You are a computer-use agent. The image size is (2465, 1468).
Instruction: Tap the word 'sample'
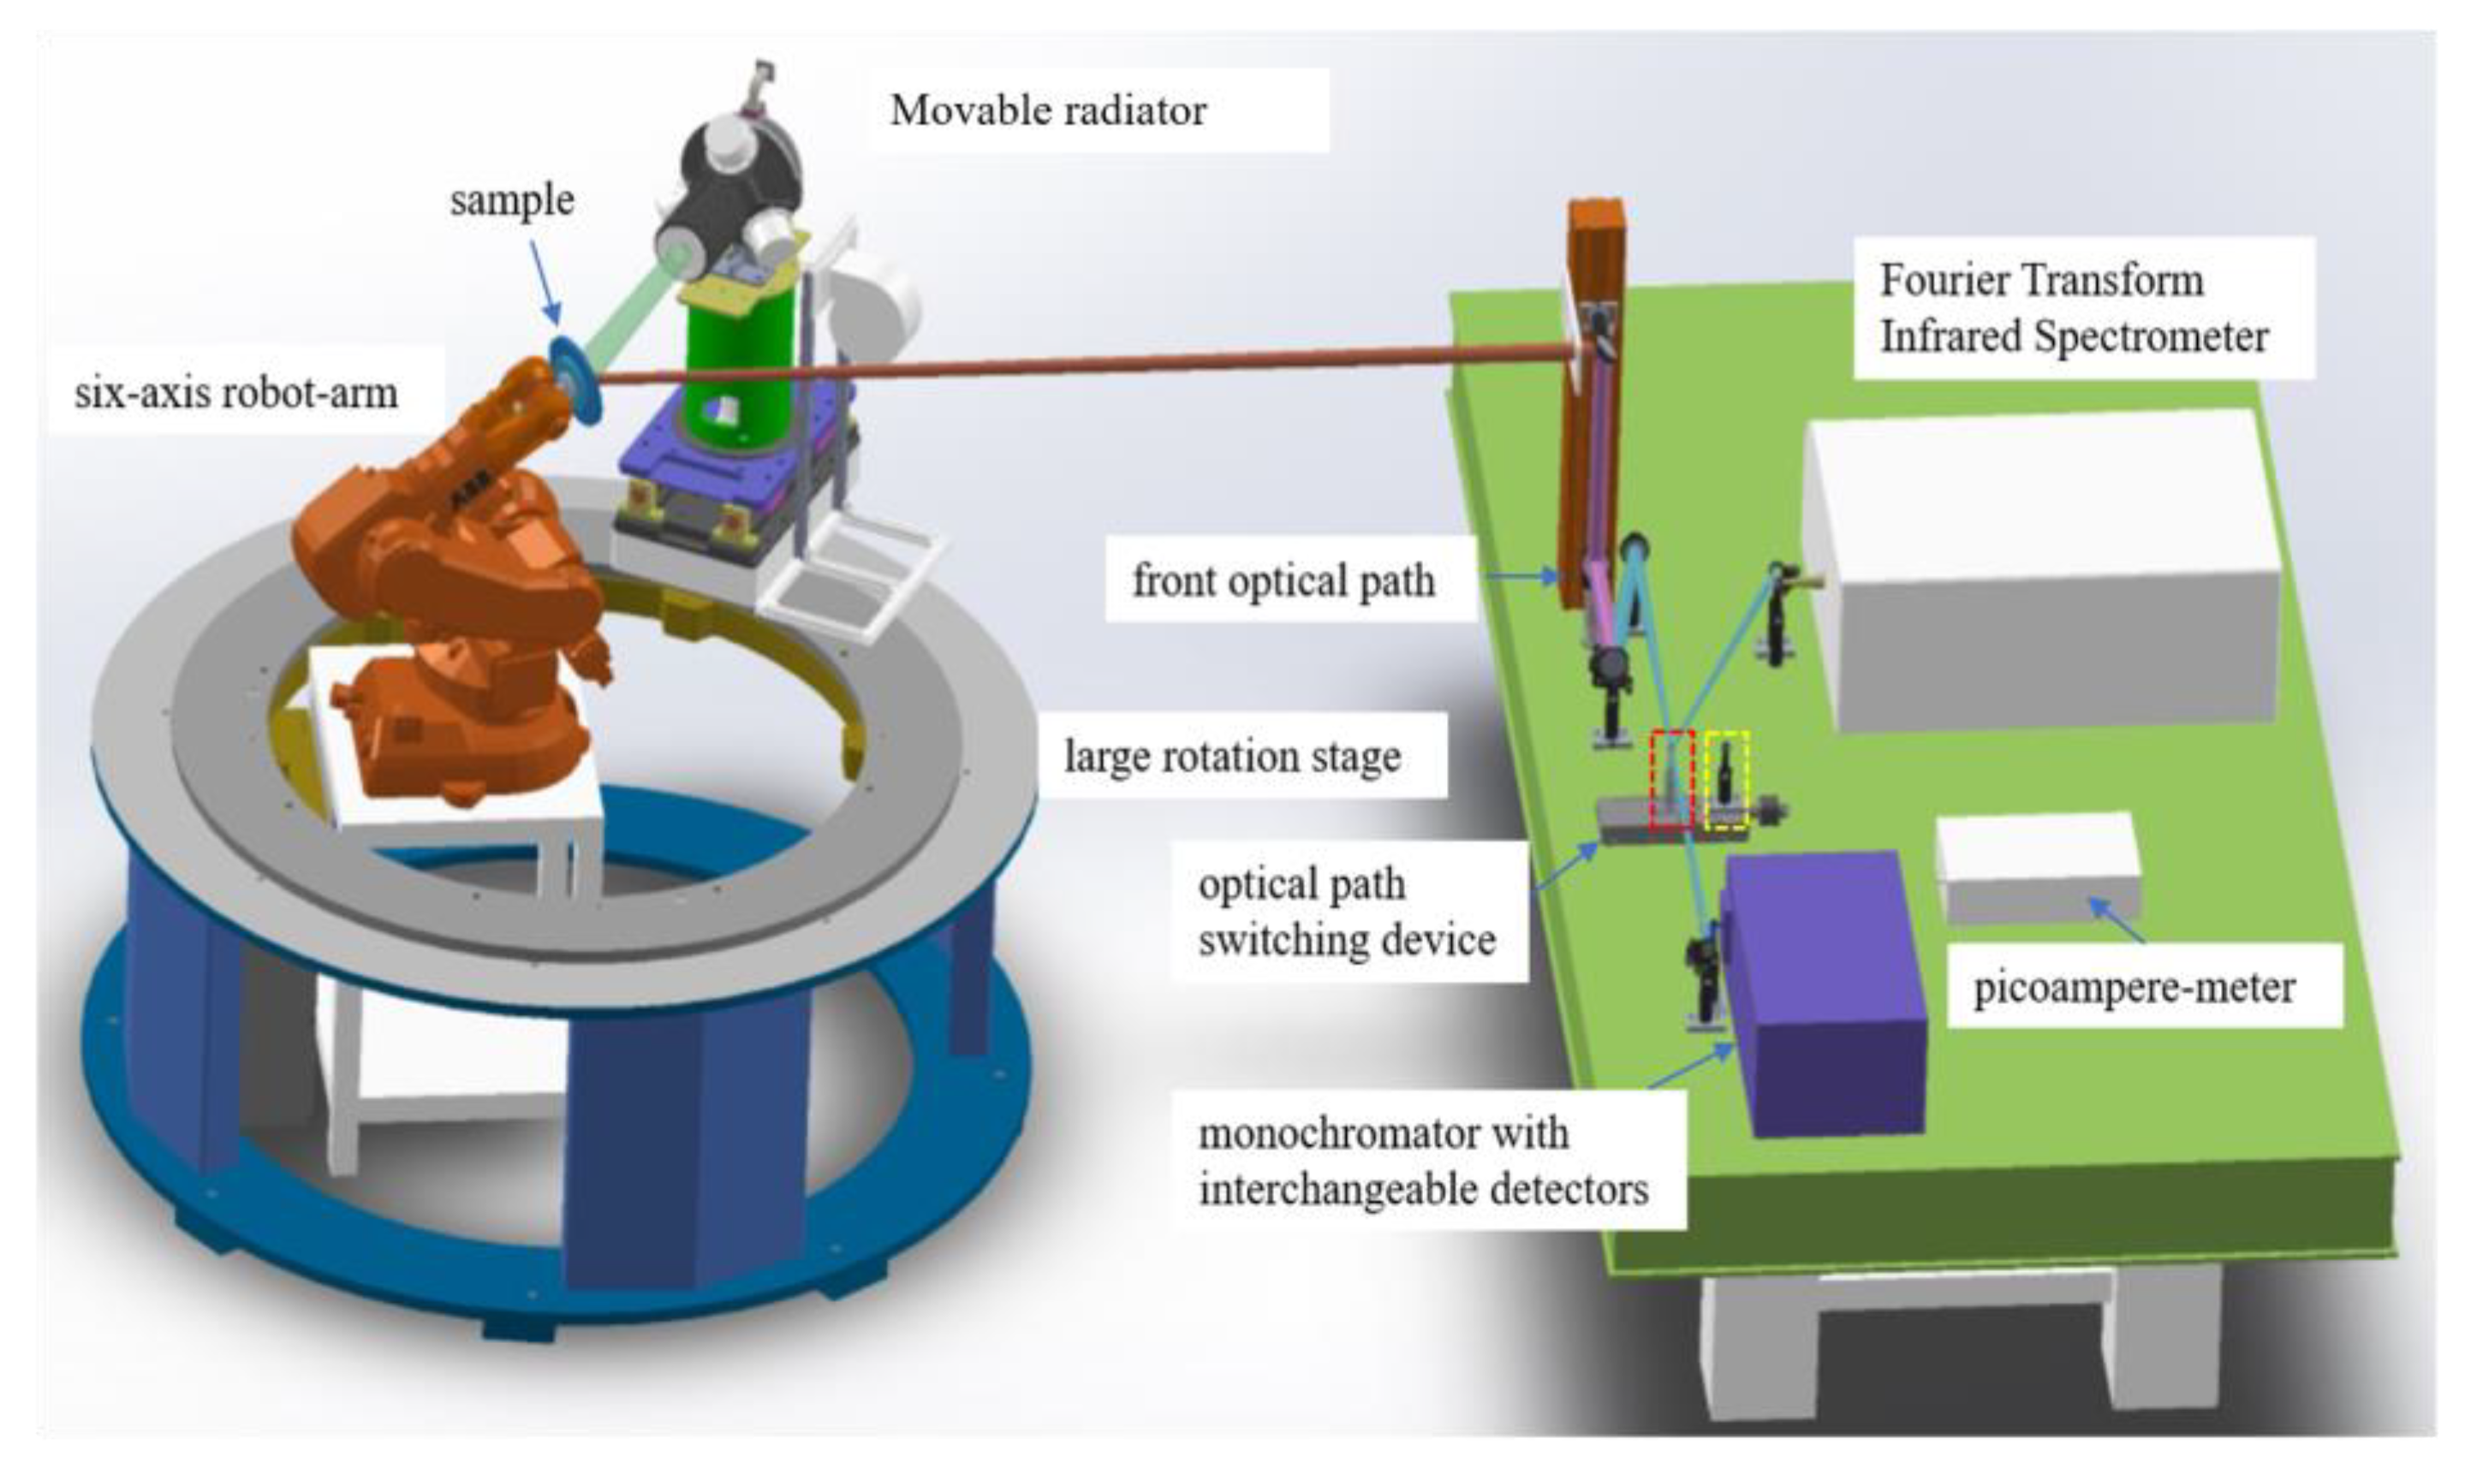511,201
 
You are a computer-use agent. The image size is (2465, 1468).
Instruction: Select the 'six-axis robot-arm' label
236,393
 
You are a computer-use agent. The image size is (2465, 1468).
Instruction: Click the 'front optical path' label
1283,580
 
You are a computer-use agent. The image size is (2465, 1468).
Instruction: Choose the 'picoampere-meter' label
2134,987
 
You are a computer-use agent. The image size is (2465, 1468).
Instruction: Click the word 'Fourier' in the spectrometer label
1935,281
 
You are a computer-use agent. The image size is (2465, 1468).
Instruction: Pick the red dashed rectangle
1671,780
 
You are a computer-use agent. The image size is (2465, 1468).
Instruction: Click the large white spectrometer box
2043,564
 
